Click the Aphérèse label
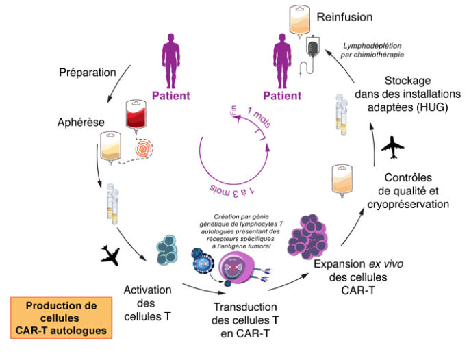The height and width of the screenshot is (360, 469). click(81, 121)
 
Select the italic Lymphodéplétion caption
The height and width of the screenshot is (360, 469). click(373, 51)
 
